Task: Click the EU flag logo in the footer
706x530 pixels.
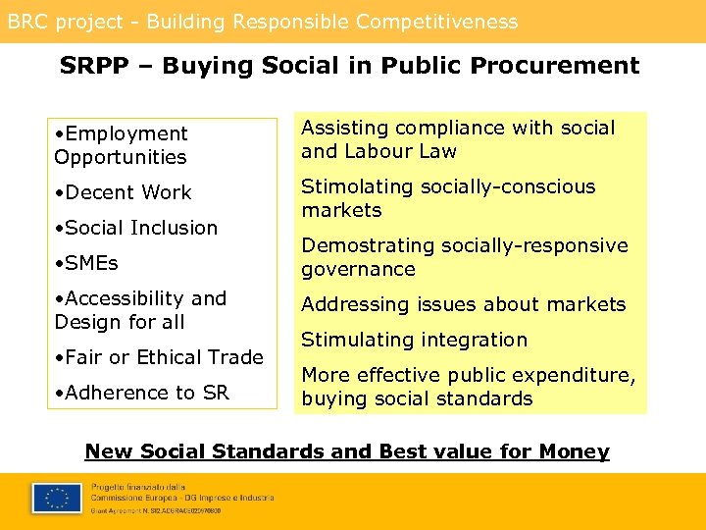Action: point(56,498)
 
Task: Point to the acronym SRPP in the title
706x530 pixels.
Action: point(93,66)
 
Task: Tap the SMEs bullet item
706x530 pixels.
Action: point(91,263)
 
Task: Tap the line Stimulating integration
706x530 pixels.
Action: point(414,340)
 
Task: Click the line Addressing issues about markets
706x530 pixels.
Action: point(463,304)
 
